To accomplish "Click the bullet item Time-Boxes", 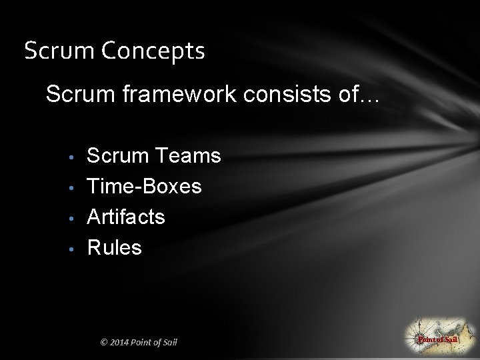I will tap(144, 186).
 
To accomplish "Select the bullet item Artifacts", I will tap(126, 217).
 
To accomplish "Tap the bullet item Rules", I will tap(114, 247).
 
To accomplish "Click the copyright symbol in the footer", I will tap(103, 343).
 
